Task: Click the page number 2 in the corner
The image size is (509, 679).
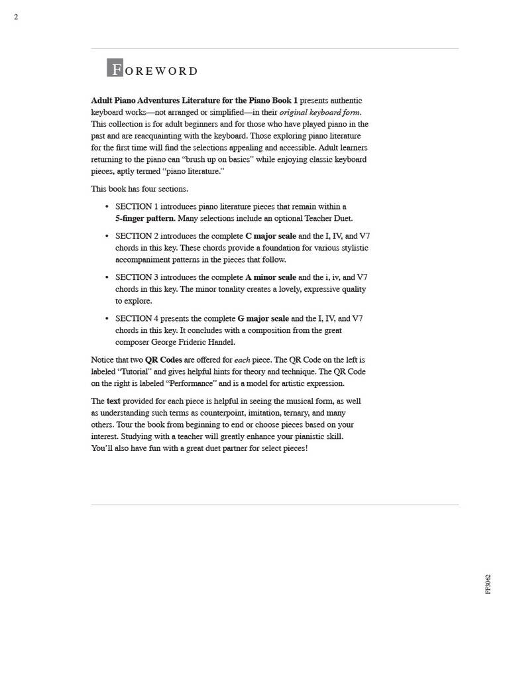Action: (x=16, y=17)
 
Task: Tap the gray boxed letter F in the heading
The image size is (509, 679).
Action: (x=115, y=68)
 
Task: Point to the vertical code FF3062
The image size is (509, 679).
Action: (x=488, y=584)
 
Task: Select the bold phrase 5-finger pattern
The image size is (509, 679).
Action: (x=144, y=218)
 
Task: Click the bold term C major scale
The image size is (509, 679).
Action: (x=270, y=236)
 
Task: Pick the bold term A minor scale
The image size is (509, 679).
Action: (x=270, y=277)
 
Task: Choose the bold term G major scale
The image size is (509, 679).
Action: (x=263, y=318)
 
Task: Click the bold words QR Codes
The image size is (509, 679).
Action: (x=164, y=360)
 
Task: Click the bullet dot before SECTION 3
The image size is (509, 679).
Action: (x=107, y=277)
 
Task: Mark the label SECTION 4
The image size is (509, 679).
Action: (x=137, y=318)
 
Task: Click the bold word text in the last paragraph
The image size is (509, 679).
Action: (x=113, y=401)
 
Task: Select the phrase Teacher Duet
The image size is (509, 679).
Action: (x=328, y=218)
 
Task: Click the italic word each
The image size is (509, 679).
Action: (x=242, y=360)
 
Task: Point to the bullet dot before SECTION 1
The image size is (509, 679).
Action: (x=107, y=207)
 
